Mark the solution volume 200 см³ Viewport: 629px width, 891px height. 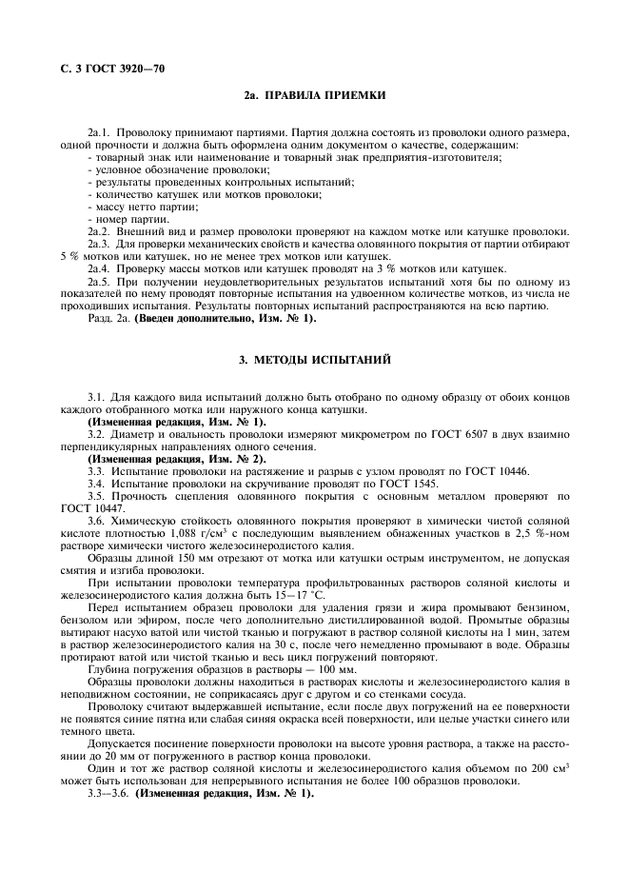543,768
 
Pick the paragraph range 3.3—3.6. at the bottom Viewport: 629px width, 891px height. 108,793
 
